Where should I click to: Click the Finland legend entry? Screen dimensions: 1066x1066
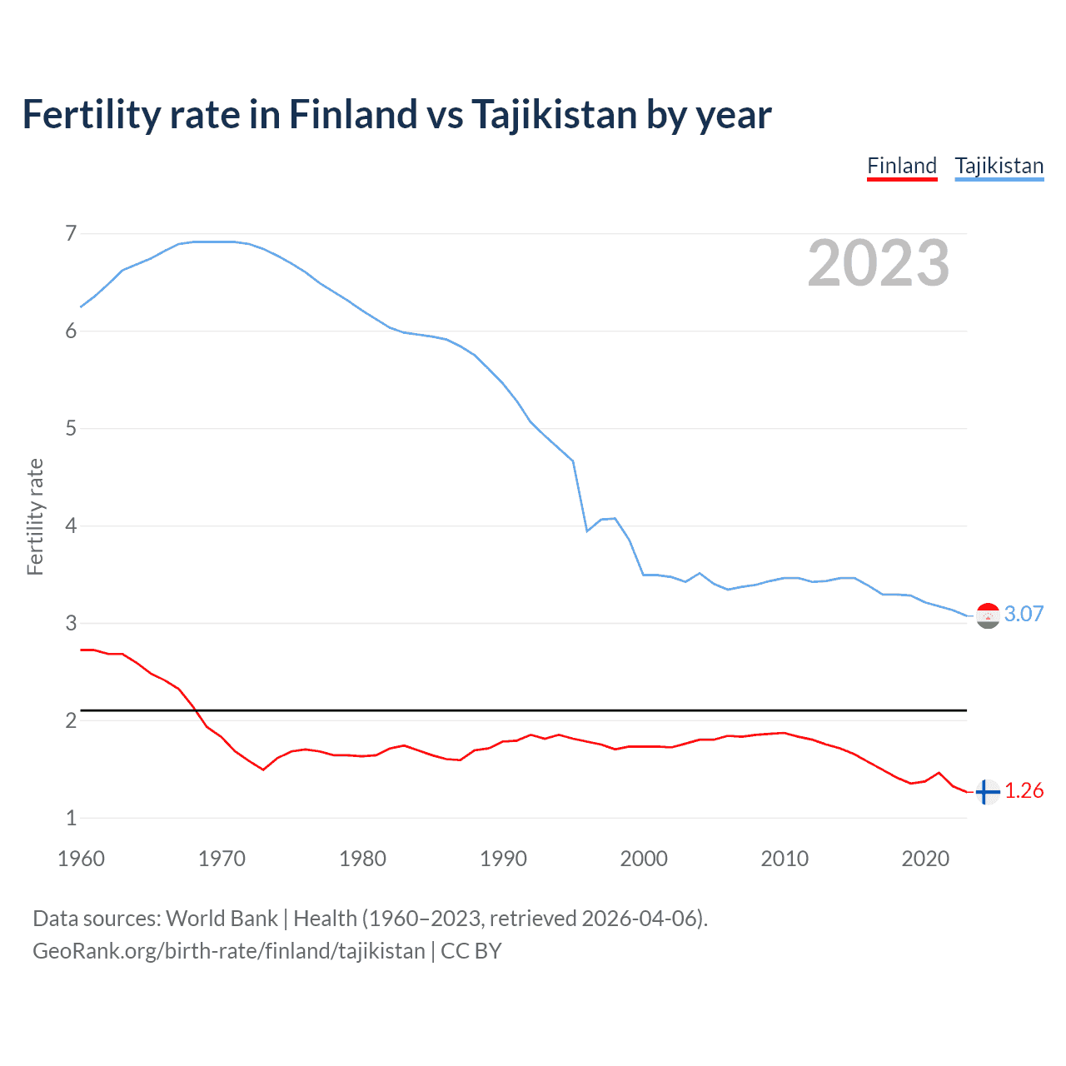click(x=902, y=166)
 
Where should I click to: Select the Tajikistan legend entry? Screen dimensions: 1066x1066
click(x=999, y=166)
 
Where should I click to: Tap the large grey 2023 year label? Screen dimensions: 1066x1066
click(x=879, y=263)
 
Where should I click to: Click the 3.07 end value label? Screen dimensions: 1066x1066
click(x=1024, y=614)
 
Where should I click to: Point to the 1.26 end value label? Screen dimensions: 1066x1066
click(x=1024, y=790)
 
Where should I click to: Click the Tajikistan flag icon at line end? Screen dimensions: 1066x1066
click(x=988, y=615)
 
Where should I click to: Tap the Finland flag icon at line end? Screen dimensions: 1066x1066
click(x=987, y=792)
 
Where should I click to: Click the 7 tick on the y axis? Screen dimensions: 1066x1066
click(x=71, y=234)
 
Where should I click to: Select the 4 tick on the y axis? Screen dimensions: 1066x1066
click(x=71, y=526)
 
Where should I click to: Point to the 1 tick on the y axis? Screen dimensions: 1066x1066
click(x=71, y=819)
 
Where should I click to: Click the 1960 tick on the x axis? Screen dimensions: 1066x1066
click(x=81, y=859)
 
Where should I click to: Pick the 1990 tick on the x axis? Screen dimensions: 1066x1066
click(x=503, y=859)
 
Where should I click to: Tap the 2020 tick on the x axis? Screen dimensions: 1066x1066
click(x=925, y=859)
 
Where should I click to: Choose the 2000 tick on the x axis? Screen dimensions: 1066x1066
click(x=644, y=859)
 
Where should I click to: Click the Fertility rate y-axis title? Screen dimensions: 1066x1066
click(x=35, y=516)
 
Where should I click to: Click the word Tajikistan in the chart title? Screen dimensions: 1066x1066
click(x=555, y=114)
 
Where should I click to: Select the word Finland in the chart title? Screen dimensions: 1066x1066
click(x=352, y=114)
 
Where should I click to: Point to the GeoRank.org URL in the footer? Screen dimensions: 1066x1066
click(x=229, y=951)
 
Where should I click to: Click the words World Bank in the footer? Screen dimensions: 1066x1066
click(x=222, y=919)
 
